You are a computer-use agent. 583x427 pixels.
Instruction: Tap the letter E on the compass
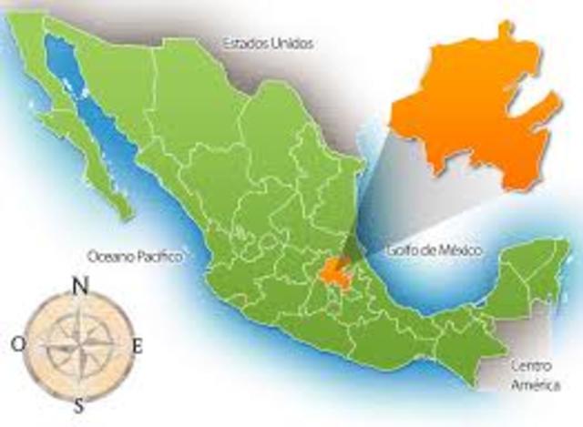(x=138, y=345)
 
